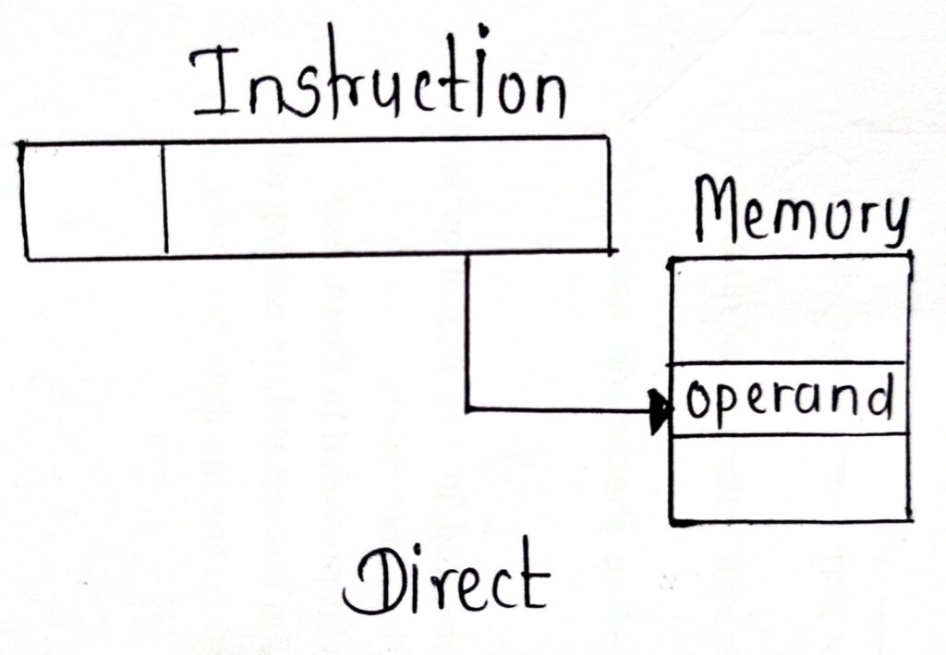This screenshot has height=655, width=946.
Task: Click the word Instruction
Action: point(379,83)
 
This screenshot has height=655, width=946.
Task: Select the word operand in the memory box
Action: point(791,399)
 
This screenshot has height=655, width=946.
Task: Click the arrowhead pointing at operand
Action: point(660,408)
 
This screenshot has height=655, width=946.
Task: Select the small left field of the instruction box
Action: point(93,199)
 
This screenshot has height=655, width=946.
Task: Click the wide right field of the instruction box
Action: point(388,197)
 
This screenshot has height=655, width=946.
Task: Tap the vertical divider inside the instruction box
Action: point(165,199)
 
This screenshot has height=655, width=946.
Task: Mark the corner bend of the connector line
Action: point(468,407)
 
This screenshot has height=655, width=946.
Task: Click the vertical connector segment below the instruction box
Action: point(467,333)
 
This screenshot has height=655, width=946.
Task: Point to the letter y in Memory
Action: point(889,222)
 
